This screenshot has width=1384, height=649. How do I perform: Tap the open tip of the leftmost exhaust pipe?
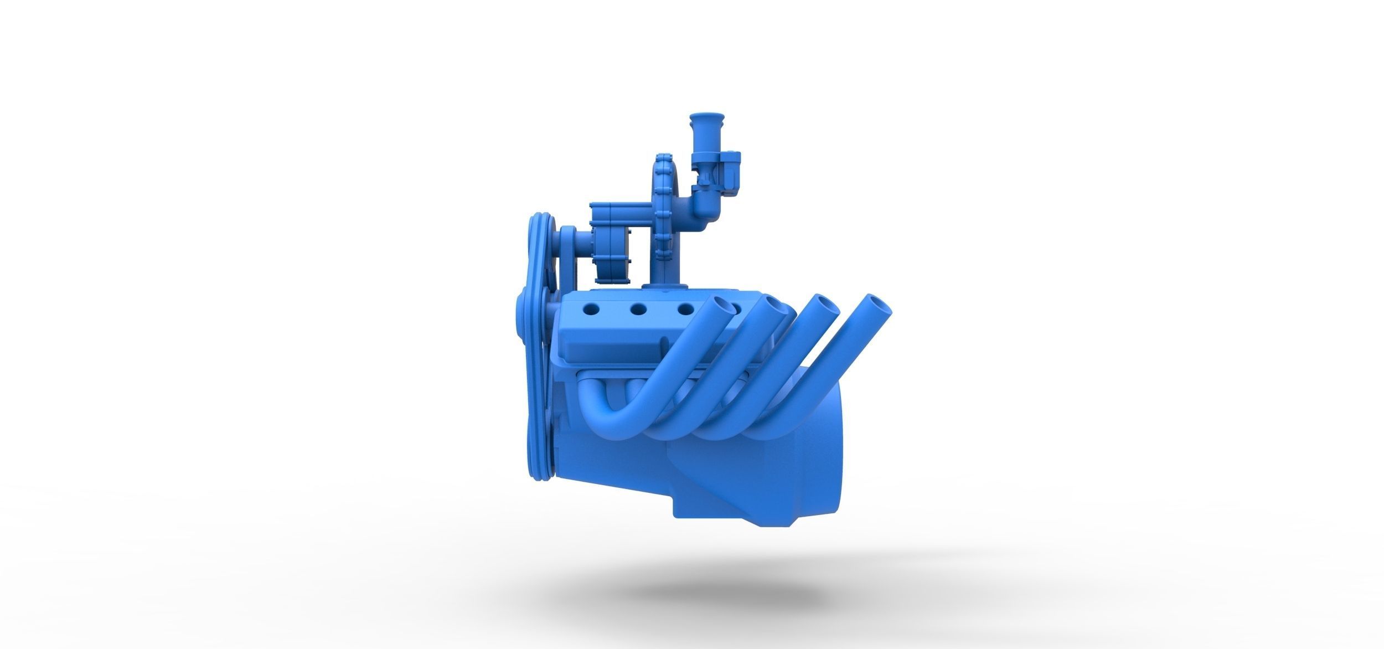click(x=721, y=305)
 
